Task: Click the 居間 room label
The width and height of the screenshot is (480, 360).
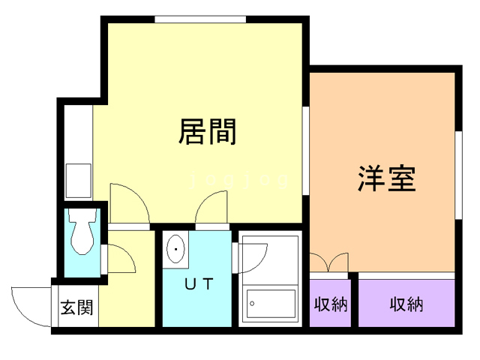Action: pos(208,132)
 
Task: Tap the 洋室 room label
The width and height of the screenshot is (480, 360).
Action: pos(385,179)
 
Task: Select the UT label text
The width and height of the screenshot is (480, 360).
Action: pos(199,284)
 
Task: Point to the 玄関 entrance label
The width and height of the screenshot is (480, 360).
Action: pos(76,307)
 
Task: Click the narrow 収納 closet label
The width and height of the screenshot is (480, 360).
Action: pos(331,304)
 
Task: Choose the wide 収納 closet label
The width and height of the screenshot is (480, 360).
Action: pos(406,304)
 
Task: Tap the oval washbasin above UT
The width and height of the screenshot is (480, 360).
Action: pos(176,249)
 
